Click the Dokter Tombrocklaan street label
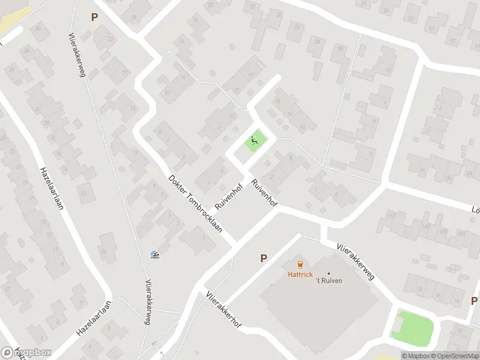pos(196,203)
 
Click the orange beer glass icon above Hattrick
pos(300,264)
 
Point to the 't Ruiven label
pos(329,281)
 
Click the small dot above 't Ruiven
pos(329,274)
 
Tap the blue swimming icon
pos(155,256)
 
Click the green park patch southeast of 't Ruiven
pos(413,326)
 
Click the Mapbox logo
pos(26,352)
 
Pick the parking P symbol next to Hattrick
pos(263,258)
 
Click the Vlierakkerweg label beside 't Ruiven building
pos(356,261)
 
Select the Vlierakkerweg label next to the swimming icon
pos(147,303)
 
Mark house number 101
pos(461,233)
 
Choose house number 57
pos(432,28)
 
